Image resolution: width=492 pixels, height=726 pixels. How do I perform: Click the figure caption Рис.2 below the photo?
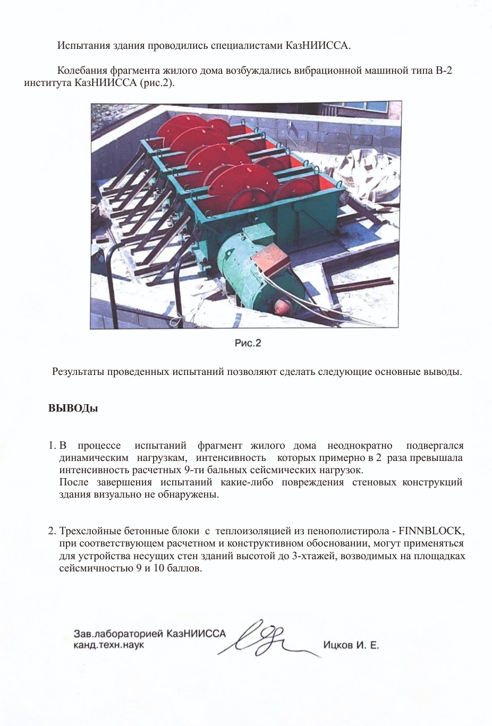tap(248, 343)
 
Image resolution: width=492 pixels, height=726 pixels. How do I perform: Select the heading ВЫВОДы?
tap(73, 409)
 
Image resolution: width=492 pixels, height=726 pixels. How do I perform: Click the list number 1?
tap(52, 446)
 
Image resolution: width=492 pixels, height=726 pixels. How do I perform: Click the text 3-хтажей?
tap(314, 556)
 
